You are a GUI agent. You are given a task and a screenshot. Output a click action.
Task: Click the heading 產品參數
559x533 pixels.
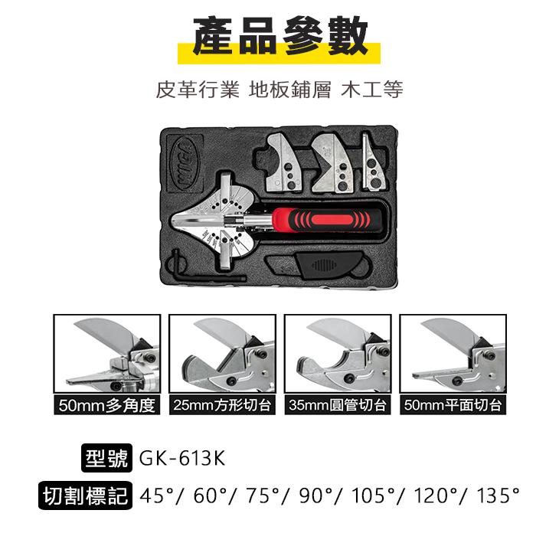coord(279,36)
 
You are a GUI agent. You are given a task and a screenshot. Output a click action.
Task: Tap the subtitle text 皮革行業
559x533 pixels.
coord(188,90)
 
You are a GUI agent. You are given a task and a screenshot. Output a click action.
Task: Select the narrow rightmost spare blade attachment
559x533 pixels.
coord(374,164)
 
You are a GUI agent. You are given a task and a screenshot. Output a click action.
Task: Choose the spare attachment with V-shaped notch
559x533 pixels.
coord(331,163)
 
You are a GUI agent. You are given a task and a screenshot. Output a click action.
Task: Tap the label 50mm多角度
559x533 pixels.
coord(106,405)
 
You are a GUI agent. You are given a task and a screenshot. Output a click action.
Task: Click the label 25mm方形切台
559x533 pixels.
coord(222,405)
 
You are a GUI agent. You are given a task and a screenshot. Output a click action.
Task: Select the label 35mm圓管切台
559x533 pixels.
coord(338,405)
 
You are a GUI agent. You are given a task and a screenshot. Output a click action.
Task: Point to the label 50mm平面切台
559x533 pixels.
coord(453,405)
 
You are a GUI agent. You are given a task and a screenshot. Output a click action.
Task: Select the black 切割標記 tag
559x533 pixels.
coord(85,495)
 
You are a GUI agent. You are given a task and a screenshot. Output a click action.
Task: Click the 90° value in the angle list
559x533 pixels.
coord(315,495)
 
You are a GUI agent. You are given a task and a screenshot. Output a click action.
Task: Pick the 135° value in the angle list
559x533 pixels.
coord(498,495)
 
